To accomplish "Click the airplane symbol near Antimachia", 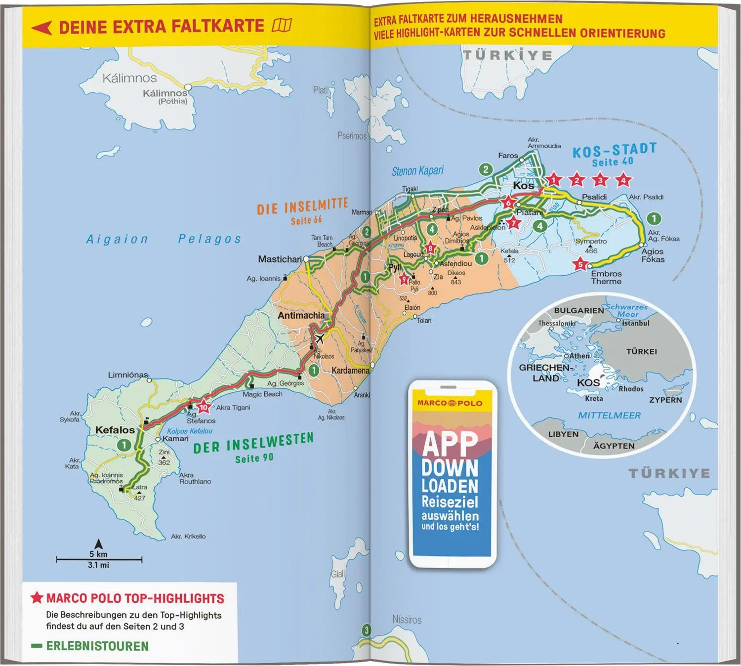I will coord(320,338).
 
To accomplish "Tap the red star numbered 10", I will coord(204,407).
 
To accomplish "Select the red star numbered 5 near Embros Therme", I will coord(580,264).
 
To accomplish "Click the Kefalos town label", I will coord(115,430).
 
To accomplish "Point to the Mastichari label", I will coord(280,259).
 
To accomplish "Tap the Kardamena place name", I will coord(350,370).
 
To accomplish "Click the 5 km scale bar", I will coord(99,560).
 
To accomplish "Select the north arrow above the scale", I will coord(99,544).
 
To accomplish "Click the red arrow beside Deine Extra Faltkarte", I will coord(41,28).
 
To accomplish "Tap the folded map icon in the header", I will coord(282,25).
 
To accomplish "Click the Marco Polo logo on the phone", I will coord(450,403).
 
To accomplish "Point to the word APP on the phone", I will coord(450,443).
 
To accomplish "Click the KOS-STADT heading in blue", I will coord(614,151).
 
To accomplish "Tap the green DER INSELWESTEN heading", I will coord(253,443).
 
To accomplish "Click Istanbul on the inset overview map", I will coord(635,323).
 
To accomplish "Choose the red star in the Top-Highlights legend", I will coord(37,598).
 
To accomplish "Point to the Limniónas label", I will coord(128,375).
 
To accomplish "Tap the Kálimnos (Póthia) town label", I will coord(165,96).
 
